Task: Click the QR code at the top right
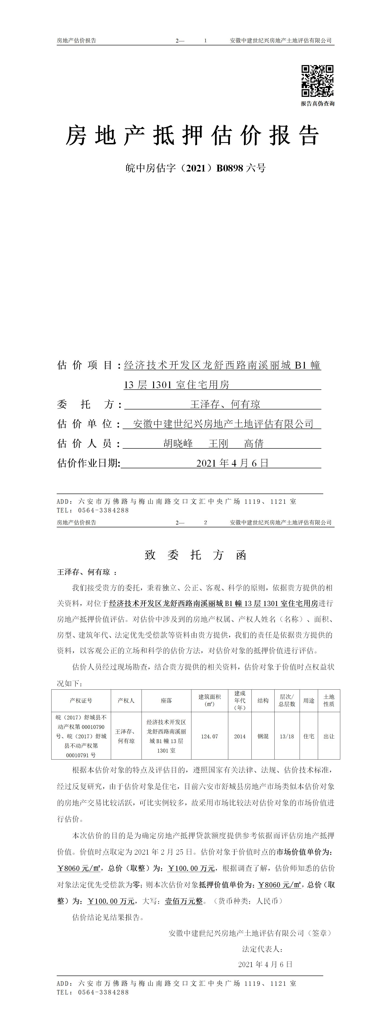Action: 317,81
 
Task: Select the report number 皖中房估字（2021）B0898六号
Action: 195,168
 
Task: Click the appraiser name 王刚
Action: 218,443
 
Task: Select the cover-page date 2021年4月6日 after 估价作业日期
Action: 232,463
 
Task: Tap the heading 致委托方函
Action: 195,555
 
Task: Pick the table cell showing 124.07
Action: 210,736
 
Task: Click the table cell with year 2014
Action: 240,736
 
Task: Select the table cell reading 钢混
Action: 263,736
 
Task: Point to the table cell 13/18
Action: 287,736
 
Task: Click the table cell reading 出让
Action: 329,736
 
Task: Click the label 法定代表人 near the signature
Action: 263,949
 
